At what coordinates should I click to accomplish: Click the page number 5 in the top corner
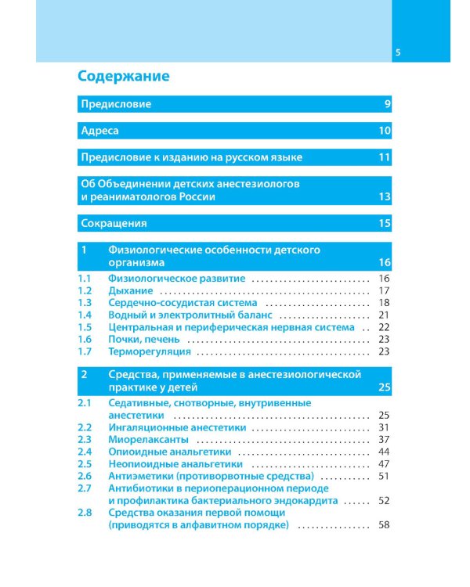(x=398, y=53)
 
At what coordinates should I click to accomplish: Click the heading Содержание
(x=123, y=77)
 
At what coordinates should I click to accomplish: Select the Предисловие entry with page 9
(x=117, y=104)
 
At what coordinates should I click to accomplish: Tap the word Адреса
(x=99, y=131)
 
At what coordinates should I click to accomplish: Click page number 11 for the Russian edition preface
(x=383, y=157)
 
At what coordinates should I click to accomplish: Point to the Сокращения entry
(x=114, y=223)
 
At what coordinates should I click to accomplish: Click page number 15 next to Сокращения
(x=383, y=223)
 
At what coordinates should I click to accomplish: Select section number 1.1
(x=85, y=278)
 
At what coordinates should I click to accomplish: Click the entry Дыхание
(x=130, y=290)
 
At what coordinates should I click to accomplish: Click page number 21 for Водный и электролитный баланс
(x=384, y=315)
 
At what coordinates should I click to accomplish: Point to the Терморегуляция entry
(x=150, y=351)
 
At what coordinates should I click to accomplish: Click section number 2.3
(x=85, y=439)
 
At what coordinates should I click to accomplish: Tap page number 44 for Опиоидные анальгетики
(x=384, y=452)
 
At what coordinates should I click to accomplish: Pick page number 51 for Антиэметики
(x=384, y=475)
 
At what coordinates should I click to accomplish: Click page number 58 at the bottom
(x=384, y=524)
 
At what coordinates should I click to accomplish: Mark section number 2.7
(x=85, y=488)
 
